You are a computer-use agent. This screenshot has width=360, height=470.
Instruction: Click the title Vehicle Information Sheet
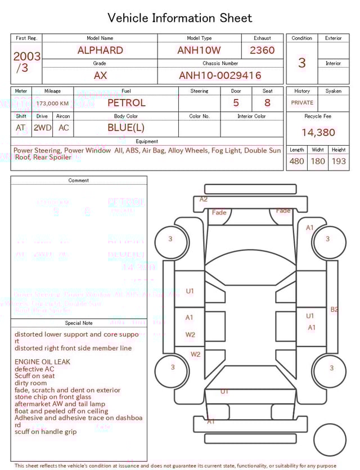[180, 18]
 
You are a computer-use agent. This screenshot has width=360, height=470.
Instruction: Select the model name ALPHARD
[100, 50]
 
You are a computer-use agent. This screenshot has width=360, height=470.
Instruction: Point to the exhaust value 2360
[262, 50]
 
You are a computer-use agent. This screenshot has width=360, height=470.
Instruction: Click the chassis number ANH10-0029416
[220, 75]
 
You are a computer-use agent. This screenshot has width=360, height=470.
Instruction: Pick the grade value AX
[100, 75]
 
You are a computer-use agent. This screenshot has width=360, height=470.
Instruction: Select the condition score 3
[302, 63]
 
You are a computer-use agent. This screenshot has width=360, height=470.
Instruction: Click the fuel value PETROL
[126, 103]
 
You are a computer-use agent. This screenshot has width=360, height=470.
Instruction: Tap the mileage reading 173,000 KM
[53, 104]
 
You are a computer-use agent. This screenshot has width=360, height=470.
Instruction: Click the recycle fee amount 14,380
[318, 133]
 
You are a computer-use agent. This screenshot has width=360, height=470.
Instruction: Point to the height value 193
[339, 162]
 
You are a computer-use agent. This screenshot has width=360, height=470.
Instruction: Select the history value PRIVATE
[302, 103]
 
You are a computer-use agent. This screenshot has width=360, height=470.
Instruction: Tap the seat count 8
[267, 103]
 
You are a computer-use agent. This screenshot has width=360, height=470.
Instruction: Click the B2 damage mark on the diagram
[334, 309]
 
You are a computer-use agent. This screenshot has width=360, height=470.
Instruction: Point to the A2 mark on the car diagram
[204, 199]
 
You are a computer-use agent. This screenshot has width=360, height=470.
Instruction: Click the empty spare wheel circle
[330, 440]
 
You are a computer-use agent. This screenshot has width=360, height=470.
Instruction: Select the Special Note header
[79, 323]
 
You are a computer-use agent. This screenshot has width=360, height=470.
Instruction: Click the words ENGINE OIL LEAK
[43, 362]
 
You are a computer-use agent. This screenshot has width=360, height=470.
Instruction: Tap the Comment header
[79, 181]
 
